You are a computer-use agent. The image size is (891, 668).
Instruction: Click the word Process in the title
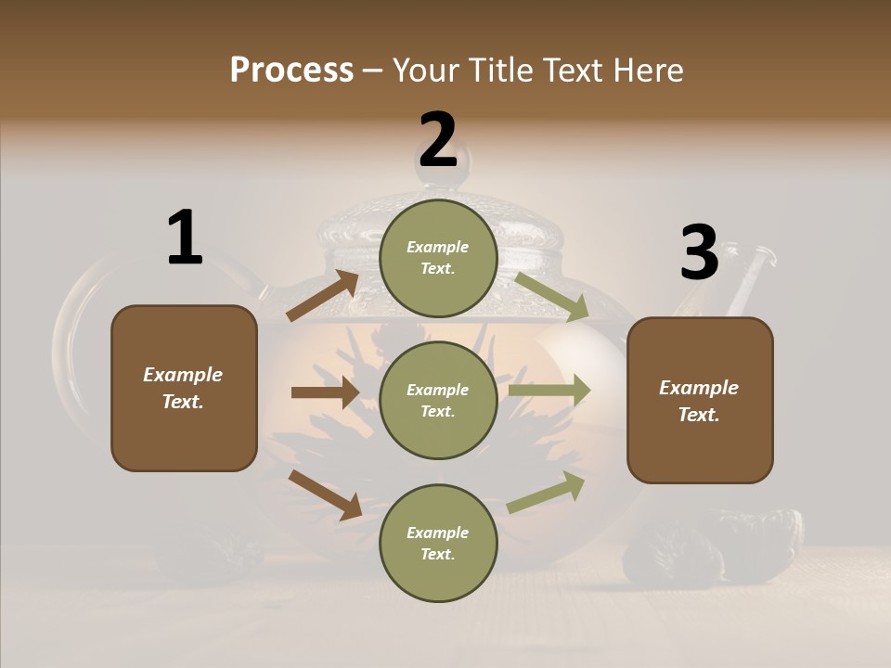point(291,71)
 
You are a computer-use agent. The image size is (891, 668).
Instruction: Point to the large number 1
point(184,238)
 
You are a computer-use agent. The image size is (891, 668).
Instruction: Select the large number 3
point(699,252)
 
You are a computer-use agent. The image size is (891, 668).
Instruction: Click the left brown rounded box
point(184,388)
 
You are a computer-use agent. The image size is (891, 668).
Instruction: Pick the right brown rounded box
point(700,400)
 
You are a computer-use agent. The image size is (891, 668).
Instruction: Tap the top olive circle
point(438,258)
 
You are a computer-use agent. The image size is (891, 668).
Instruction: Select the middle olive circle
point(438,400)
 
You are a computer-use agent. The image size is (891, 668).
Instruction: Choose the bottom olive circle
point(438,543)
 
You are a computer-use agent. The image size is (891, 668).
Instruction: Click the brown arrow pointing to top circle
point(323,296)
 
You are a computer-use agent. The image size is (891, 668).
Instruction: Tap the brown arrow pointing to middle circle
point(325,392)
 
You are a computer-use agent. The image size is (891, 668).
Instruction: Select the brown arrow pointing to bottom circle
point(325,495)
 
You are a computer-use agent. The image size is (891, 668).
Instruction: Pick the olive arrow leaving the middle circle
point(549,391)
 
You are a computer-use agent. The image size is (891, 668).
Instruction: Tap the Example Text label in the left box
point(183,388)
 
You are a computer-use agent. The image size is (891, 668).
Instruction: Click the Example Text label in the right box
point(699,401)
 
